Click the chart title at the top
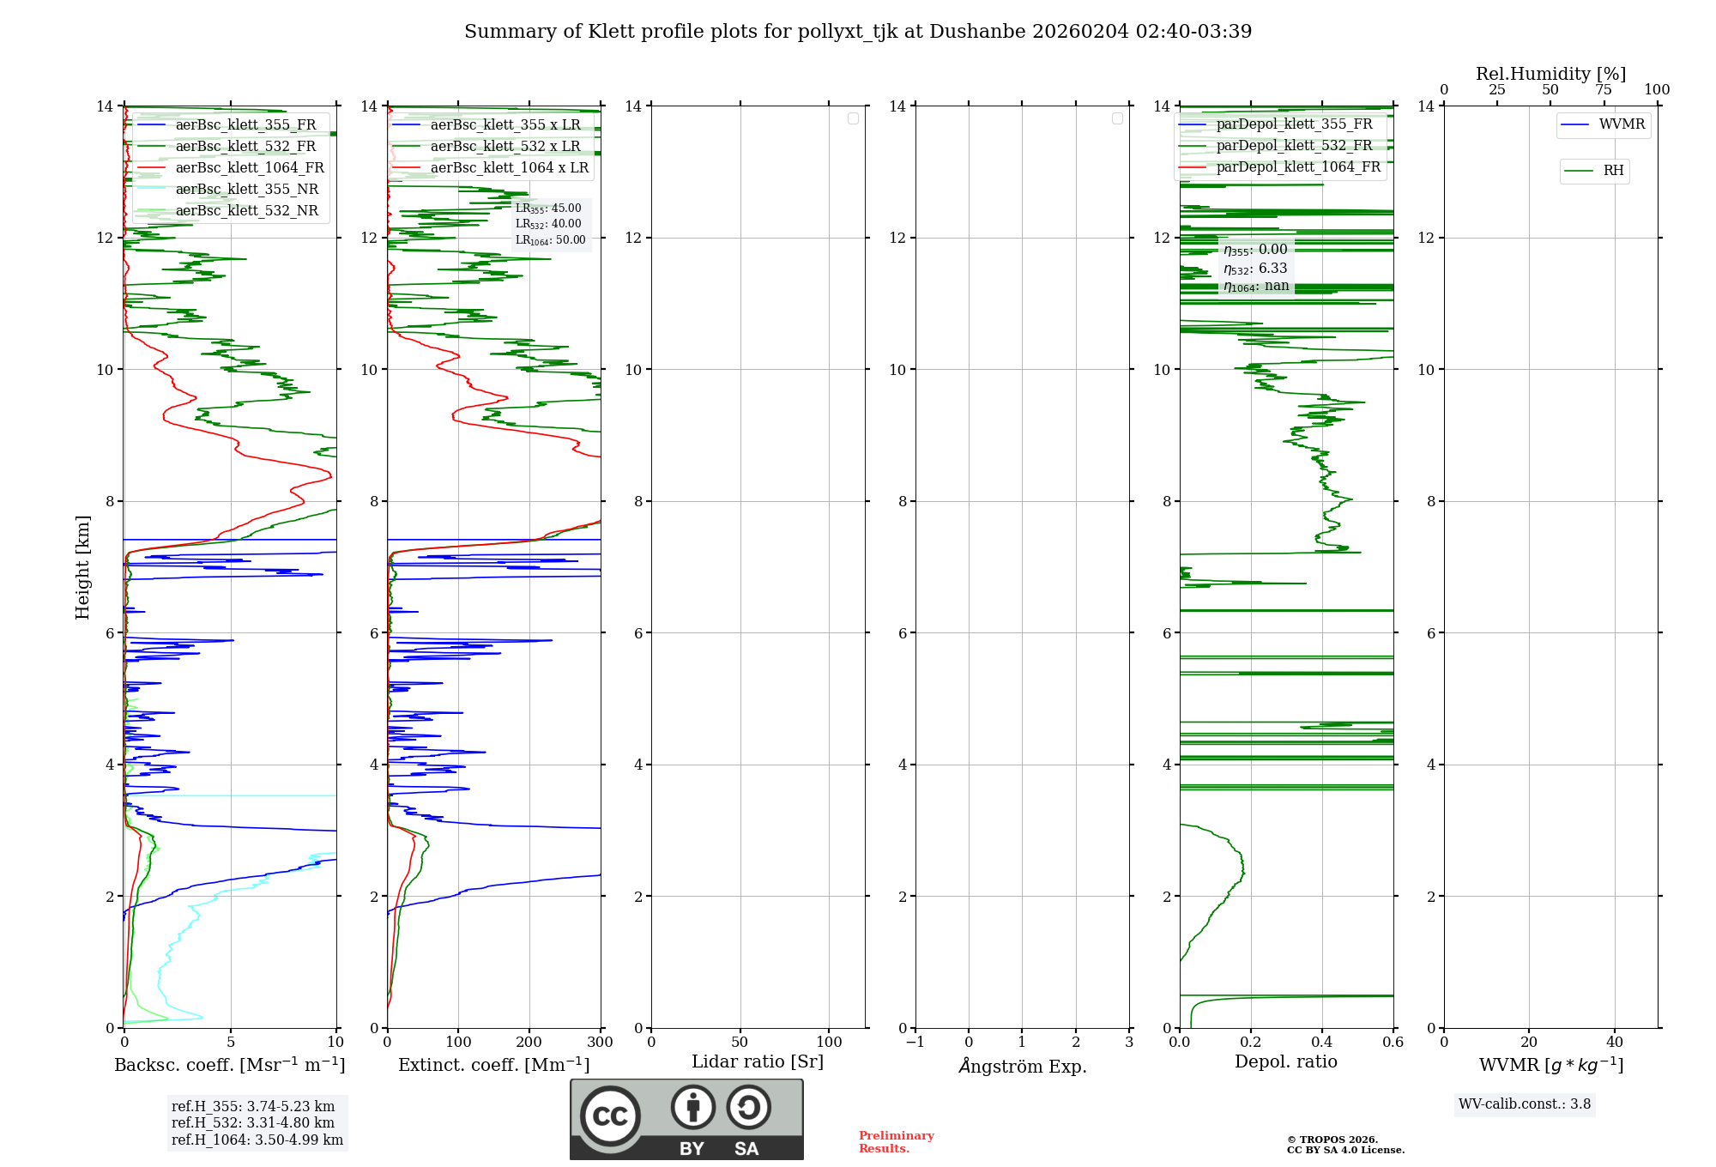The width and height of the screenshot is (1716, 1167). pyautogui.click(x=858, y=32)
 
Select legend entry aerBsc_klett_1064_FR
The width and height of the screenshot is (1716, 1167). pyautogui.click(x=249, y=168)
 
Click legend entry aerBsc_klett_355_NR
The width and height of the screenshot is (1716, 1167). pyautogui.click(x=246, y=190)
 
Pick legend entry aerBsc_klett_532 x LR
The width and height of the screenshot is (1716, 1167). pyautogui.click(x=505, y=147)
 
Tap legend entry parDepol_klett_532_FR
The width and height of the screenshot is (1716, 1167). pyautogui.click(x=1294, y=146)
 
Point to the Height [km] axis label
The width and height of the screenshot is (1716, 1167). pyautogui.click(x=82, y=567)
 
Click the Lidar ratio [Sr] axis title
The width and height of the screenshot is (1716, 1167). pyautogui.click(x=758, y=1061)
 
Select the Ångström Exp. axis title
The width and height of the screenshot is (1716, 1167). pyautogui.click(x=1022, y=1066)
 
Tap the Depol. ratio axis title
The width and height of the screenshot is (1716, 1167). pyautogui.click(x=1285, y=1061)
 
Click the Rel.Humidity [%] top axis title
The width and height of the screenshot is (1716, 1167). pyautogui.click(x=1550, y=74)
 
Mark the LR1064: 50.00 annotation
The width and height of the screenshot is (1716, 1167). pyautogui.click(x=550, y=240)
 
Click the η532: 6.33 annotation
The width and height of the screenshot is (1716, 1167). pyautogui.click(x=1255, y=269)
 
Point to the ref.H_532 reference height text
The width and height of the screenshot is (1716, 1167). pyautogui.click(x=253, y=1122)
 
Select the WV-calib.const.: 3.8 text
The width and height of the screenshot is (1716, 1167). pyautogui.click(x=1525, y=1104)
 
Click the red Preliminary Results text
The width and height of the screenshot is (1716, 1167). pyautogui.click(x=896, y=1142)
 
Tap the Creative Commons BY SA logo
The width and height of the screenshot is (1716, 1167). pyautogui.click(x=686, y=1119)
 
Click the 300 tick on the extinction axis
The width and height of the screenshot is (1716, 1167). pyautogui.click(x=600, y=1042)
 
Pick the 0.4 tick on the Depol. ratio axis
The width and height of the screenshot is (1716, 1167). pyautogui.click(x=1322, y=1042)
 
